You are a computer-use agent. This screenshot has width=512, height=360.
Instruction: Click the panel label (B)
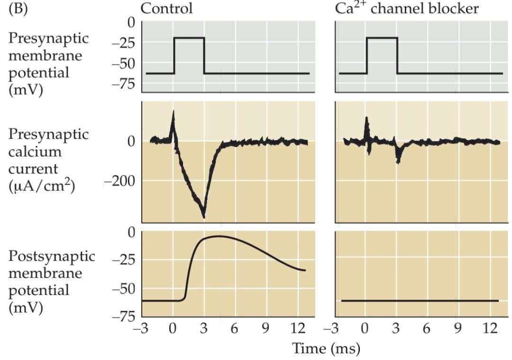[18, 9]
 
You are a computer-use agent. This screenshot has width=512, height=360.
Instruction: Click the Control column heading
[167, 9]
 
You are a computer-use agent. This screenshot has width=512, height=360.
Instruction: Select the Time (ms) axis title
[326, 349]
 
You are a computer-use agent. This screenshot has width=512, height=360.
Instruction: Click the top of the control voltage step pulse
[189, 38]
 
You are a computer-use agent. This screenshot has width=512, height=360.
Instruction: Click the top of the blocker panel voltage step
[382, 38]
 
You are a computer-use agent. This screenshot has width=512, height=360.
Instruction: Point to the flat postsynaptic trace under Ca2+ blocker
[420, 301]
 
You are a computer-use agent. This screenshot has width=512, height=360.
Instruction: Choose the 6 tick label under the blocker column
[427, 329]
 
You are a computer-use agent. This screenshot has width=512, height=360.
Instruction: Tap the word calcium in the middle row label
[35, 152]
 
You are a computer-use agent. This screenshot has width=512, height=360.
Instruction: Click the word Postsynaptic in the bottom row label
[52, 256]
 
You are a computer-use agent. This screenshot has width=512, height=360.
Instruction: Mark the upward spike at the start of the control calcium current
[173, 114]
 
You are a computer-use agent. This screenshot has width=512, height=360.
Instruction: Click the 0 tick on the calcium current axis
[131, 141]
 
